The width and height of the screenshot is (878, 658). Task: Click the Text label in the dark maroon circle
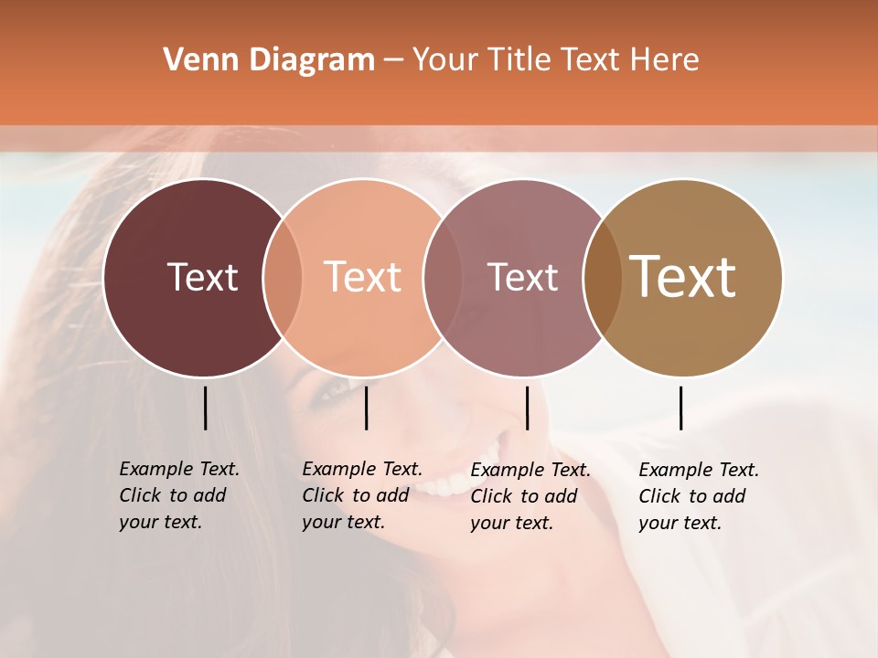pos(202,277)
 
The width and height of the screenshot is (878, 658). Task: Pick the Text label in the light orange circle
pos(362,277)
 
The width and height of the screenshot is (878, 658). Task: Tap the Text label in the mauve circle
pos(522,277)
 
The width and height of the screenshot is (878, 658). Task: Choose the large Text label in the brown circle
pos(683,277)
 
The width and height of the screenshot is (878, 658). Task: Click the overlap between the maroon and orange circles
pos(283,278)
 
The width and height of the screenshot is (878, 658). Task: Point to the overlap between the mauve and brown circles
pos(603,278)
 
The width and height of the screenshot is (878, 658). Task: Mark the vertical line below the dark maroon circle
pos(205,408)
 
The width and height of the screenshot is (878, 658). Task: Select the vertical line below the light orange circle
pos(366,408)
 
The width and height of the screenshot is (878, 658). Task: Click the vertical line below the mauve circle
pos(527,408)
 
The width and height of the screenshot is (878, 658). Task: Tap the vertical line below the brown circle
pos(680,408)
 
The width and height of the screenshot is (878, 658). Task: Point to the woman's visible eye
pos(335,389)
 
